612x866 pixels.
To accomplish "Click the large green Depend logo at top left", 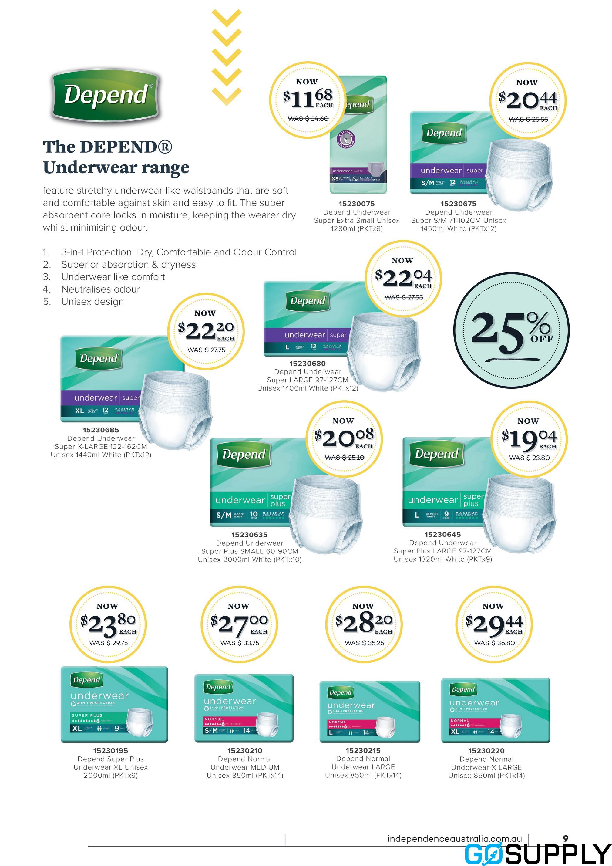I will point(105,95).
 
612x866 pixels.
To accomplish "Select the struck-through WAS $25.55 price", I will point(528,119).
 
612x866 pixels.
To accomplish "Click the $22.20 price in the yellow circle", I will point(206,331).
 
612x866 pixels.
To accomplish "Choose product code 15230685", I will point(101,430).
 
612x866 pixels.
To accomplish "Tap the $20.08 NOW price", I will point(344,438).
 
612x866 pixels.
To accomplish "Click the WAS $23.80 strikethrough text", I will point(529,458).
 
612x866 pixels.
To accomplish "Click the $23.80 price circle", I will point(108,624).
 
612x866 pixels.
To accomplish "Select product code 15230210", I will point(245,751).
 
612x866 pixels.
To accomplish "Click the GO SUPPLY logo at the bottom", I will point(537,854).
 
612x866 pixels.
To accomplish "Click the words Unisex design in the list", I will point(92,301).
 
